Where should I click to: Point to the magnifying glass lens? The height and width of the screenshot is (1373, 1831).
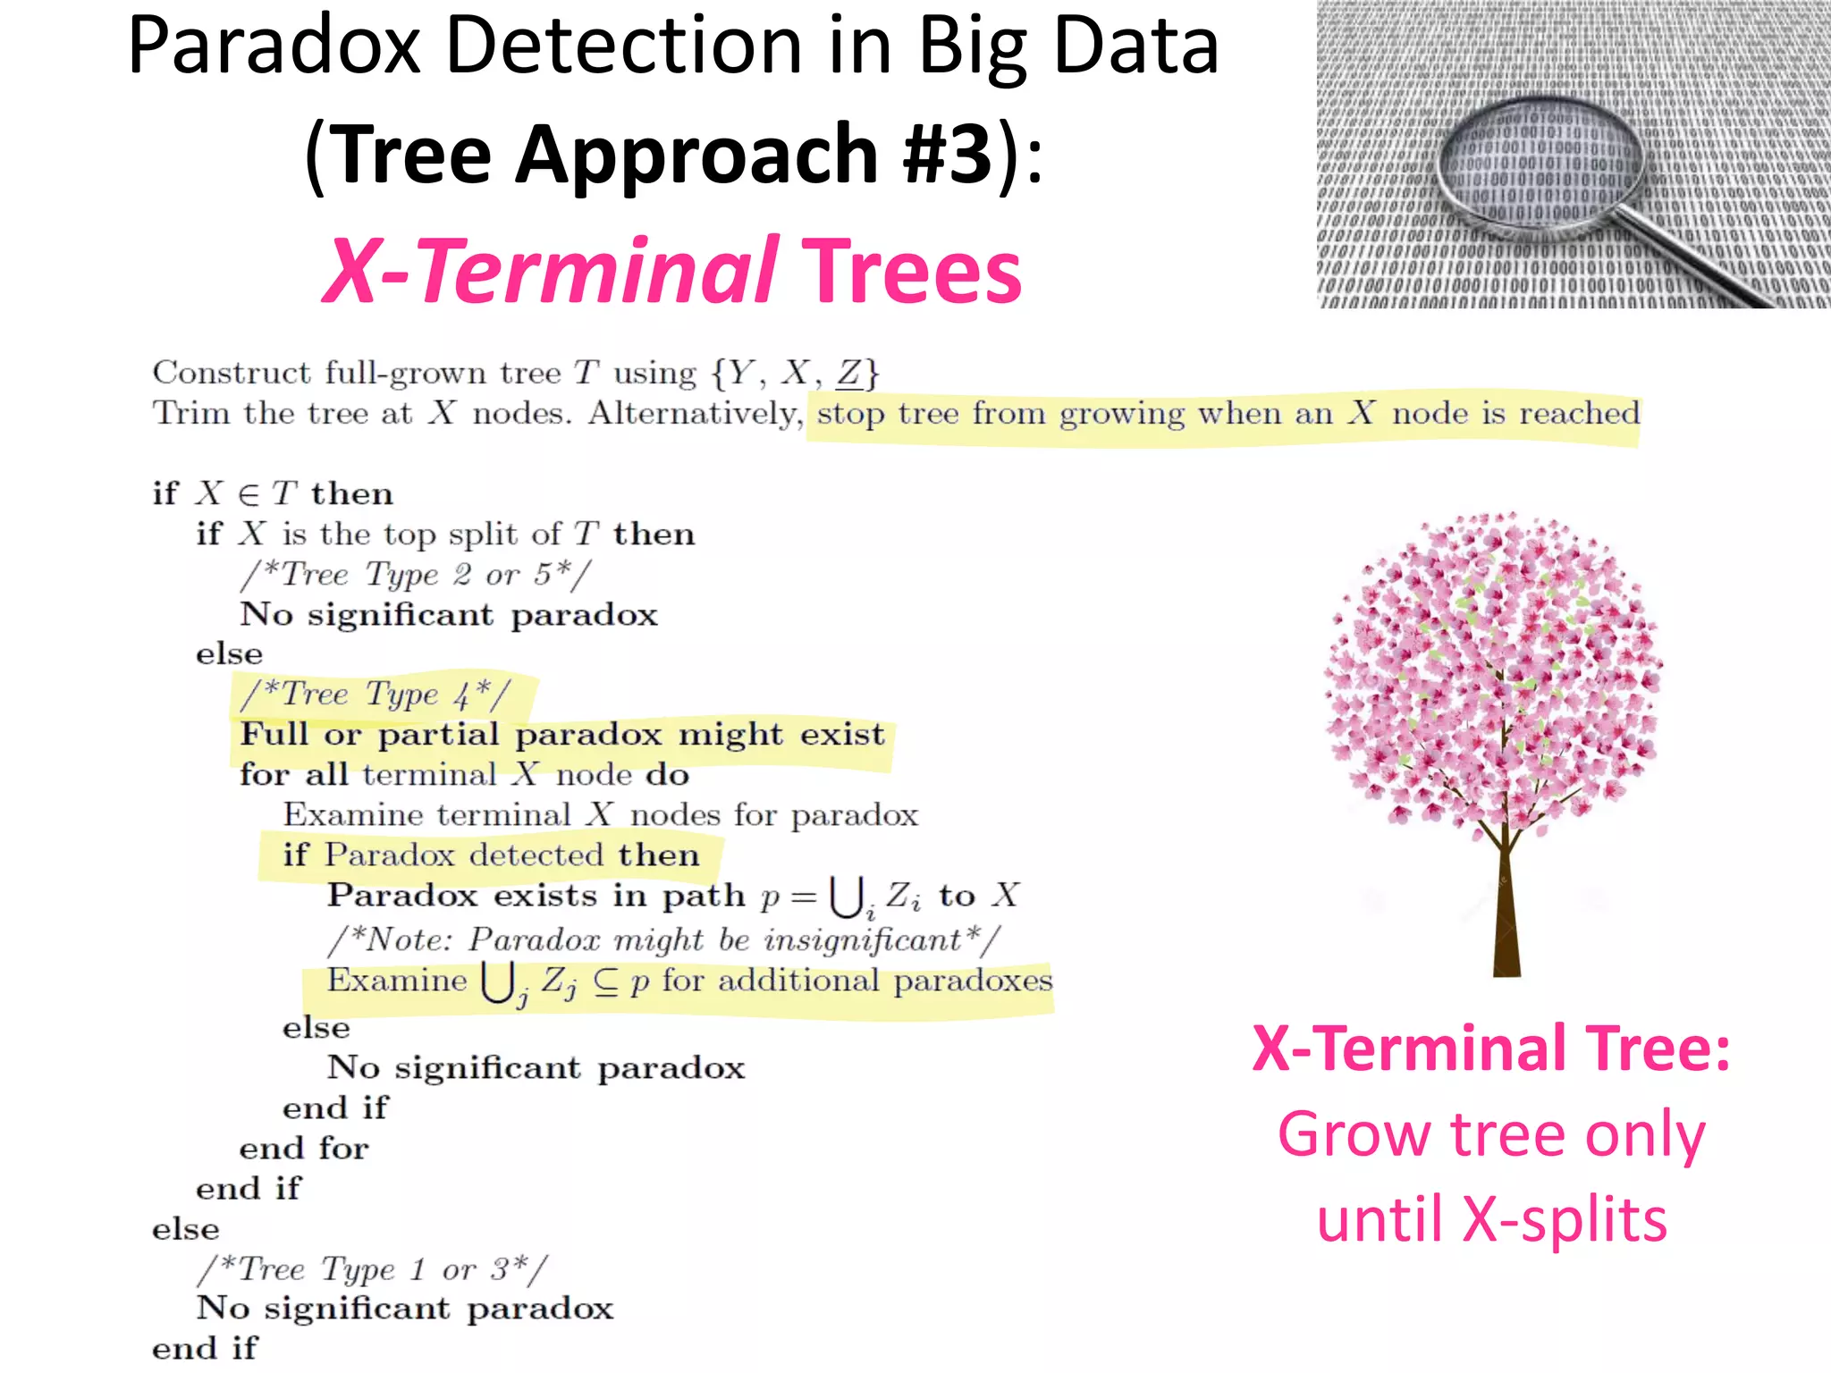(x=1540, y=160)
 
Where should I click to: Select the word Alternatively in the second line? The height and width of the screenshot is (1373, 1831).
(x=694, y=413)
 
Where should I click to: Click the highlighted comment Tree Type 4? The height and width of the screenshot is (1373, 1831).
(x=375, y=695)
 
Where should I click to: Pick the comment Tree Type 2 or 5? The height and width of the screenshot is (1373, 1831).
(x=416, y=575)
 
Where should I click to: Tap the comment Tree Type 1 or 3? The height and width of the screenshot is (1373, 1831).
(x=372, y=1269)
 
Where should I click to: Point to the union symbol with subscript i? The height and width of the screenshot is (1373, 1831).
(x=848, y=896)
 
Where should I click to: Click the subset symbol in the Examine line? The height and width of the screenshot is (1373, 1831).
(x=605, y=981)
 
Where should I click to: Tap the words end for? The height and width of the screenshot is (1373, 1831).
(x=304, y=1149)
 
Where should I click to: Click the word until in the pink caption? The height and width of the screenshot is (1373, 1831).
(x=1380, y=1219)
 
